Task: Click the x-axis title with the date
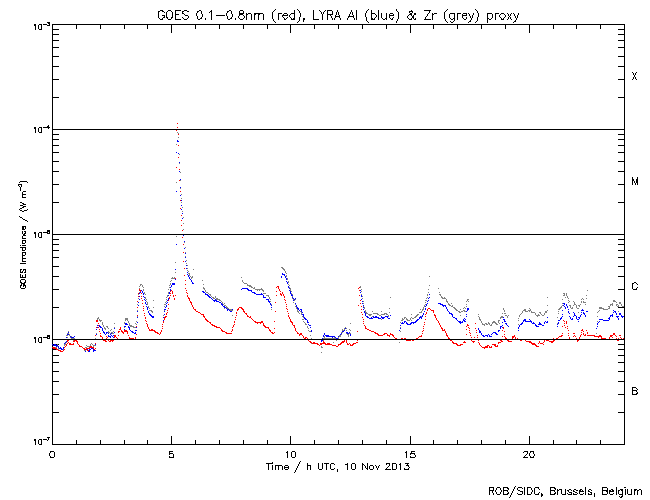[x=338, y=466]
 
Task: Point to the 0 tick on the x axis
[x=52, y=454]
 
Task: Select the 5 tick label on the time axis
[x=171, y=454]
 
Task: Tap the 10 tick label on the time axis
[x=290, y=454]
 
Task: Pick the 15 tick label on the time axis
[x=409, y=454]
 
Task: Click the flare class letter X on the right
[x=634, y=77]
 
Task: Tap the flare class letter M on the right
[x=634, y=182]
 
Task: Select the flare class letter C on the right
[x=634, y=287]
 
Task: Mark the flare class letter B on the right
[x=634, y=391]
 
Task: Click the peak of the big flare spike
[x=177, y=125]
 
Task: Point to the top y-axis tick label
[x=38, y=25]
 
